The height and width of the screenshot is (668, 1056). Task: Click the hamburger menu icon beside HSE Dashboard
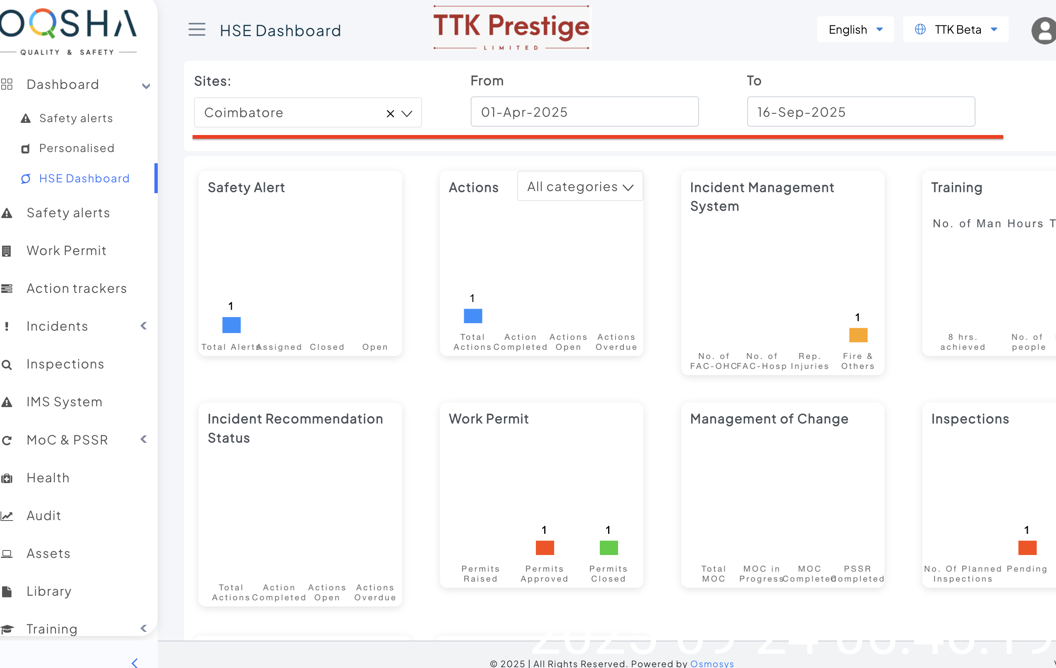pos(197,29)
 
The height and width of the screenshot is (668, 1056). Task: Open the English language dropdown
pos(855,29)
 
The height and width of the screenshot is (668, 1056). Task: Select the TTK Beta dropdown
pos(956,29)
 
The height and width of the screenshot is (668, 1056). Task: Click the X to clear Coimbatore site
pos(390,114)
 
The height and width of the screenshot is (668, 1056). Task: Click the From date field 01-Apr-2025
pos(584,112)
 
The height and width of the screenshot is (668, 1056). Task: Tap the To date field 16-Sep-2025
pos(860,112)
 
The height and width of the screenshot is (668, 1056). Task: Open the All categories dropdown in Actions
pos(580,187)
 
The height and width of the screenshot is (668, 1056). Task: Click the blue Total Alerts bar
pos(231,325)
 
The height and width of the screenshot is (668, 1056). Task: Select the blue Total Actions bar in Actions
pos(473,316)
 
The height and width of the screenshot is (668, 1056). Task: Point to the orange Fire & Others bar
pos(858,335)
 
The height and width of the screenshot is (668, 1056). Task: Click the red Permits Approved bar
pos(545,547)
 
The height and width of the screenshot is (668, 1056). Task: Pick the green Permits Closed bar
pos(608,547)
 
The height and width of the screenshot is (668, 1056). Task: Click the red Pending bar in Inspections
pos(1027,547)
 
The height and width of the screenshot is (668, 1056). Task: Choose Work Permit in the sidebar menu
pos(66,250)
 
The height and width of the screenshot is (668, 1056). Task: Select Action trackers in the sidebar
pos(76,288)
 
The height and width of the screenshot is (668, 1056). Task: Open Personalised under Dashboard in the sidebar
pos(76,148)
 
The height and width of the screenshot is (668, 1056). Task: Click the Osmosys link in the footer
pos(712,663)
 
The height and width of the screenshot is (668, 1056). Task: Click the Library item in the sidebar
pos(49,591)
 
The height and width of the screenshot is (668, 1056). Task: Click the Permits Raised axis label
pos(480,574)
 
